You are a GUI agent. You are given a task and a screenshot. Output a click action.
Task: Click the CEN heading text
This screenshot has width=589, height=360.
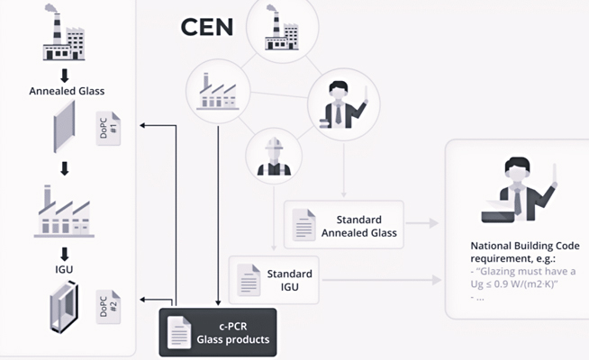pyautogui.click(x=206, y=26)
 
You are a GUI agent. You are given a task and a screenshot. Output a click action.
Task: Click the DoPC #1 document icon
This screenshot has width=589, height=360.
pyautogui.click(x=106, y=131)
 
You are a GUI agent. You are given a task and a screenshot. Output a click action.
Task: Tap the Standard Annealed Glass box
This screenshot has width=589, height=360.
pyautogui.click(x=344, y=226)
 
